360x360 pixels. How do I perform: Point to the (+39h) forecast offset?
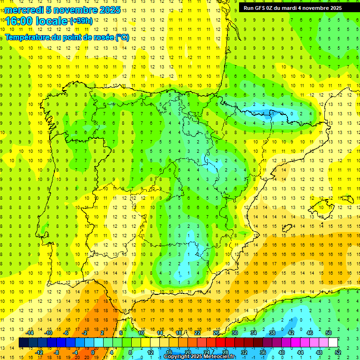[x=81, y=21]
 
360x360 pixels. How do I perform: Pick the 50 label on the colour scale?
[x=328, y=333]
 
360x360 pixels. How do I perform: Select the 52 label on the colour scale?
[x=338, y=352]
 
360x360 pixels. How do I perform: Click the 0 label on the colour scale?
[x=92, y=352]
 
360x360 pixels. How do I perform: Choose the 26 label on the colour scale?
[x=216, y=333]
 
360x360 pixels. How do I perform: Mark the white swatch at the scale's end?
[x=333, y=343]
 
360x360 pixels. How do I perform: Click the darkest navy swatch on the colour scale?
[x=23, y=343]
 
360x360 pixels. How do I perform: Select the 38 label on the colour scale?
[x=272, y=333]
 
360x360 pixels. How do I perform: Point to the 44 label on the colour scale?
[x=300, y=352]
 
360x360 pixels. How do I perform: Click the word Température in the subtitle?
[x=28, y=37]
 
